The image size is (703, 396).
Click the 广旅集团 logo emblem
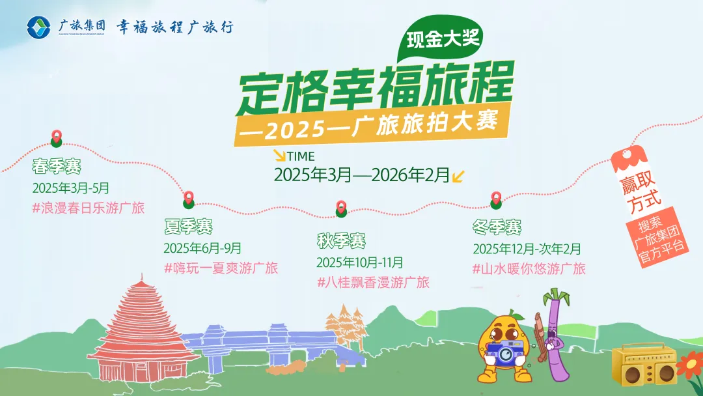point(38,27)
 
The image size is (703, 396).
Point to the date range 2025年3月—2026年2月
point(362,175)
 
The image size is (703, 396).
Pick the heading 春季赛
point(57,167)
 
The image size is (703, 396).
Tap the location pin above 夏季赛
point(189,197)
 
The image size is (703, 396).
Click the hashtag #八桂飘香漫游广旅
point(373,283)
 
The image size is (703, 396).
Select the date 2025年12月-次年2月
point(527,249)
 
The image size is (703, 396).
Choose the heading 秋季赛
point(341,242)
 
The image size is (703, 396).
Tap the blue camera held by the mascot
point(503,354)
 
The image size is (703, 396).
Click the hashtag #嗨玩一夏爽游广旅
point(221,268)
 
